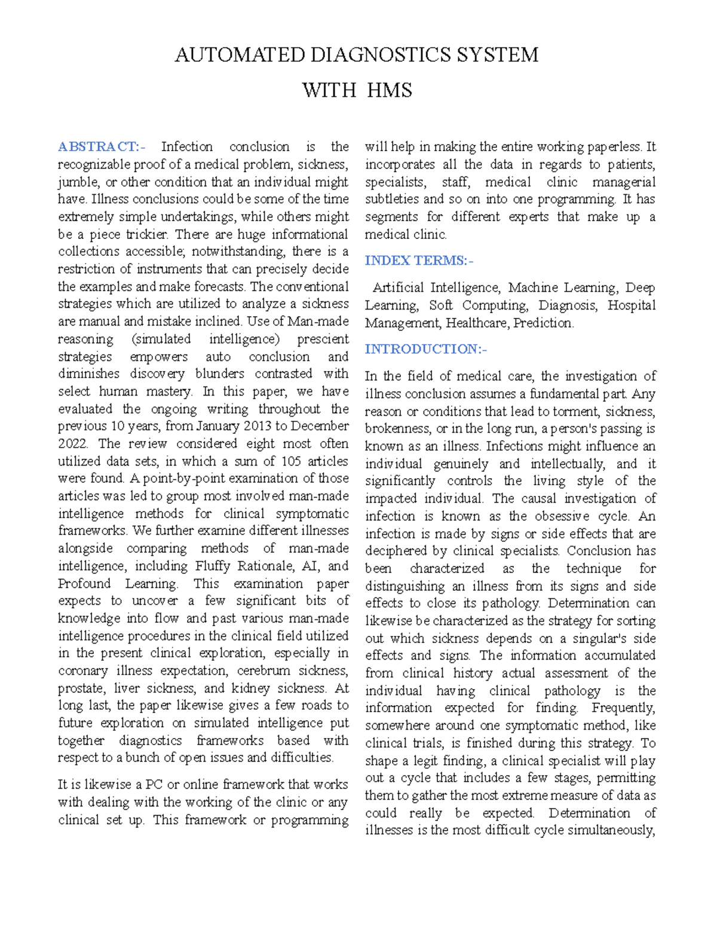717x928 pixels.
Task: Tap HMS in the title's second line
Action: coord(389,90)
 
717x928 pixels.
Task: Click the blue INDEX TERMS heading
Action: coord(419,261)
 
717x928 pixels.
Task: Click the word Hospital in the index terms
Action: coord(632,305)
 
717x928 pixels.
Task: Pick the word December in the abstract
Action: coord(320,426)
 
